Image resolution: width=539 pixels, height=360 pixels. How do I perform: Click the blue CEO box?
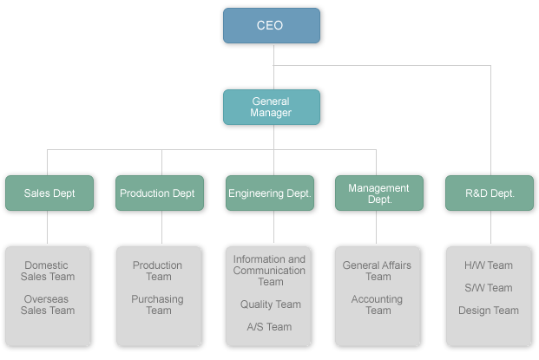click(271, 26)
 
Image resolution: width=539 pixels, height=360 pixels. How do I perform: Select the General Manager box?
click(271, 107)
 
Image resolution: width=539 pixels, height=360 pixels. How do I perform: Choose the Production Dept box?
click(160, 193)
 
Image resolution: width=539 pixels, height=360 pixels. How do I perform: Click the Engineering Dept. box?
click(270, 193)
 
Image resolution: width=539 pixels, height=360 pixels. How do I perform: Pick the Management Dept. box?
click(378, 193)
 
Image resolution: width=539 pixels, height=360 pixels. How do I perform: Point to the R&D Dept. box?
click(490, 193)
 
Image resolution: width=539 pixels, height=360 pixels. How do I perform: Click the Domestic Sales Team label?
click(48, 272)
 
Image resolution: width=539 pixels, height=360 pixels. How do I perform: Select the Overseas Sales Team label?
click(48, 304)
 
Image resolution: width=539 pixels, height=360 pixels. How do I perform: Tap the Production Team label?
click(158, 272)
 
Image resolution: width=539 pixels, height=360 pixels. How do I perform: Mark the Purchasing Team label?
click(158, 304)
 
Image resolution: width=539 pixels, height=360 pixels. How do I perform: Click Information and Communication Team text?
click(270, 270)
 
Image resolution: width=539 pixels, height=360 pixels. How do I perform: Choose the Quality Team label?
click(270, 304)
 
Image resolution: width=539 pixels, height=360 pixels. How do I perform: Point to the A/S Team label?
click(270, 327)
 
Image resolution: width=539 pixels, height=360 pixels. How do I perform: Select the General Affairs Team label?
click(378, 271)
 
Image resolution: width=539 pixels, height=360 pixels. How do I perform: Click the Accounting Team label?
click(378, 304)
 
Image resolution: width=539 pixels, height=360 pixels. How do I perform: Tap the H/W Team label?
click(489, 265)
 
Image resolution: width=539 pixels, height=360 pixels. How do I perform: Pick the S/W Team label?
click(489, 288)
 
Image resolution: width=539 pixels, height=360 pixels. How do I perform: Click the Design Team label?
click(489, 311)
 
